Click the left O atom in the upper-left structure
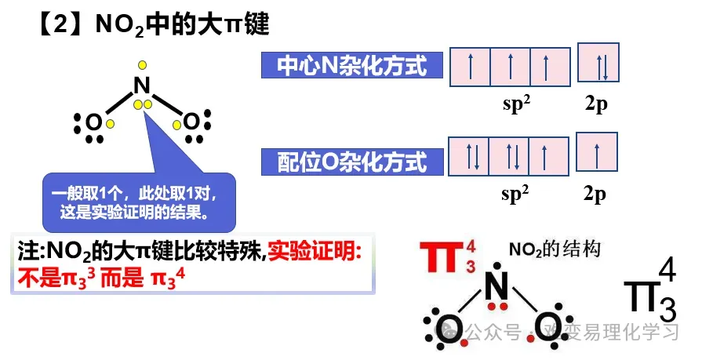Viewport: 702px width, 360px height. (93, 123)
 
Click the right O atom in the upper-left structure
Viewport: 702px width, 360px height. (191, 122)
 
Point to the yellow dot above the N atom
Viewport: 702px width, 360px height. (141, 65)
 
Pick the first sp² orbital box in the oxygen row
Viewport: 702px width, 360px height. (469, 155)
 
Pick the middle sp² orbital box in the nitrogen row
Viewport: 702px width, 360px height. (510, 67)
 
